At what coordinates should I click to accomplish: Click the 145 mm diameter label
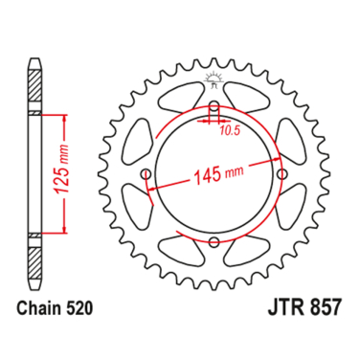point(218,174)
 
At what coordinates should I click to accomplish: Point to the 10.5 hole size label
point(230,131)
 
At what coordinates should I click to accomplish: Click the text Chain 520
point(55,308)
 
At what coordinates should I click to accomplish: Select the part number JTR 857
point(304,307)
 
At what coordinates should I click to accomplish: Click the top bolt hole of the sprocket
point(214,106)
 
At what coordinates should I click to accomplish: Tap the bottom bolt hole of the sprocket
point(214,241)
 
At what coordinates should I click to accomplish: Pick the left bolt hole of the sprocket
point(146,174)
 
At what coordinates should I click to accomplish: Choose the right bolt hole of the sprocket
point(282,174)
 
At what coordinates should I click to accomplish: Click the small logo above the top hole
point(214,80)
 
